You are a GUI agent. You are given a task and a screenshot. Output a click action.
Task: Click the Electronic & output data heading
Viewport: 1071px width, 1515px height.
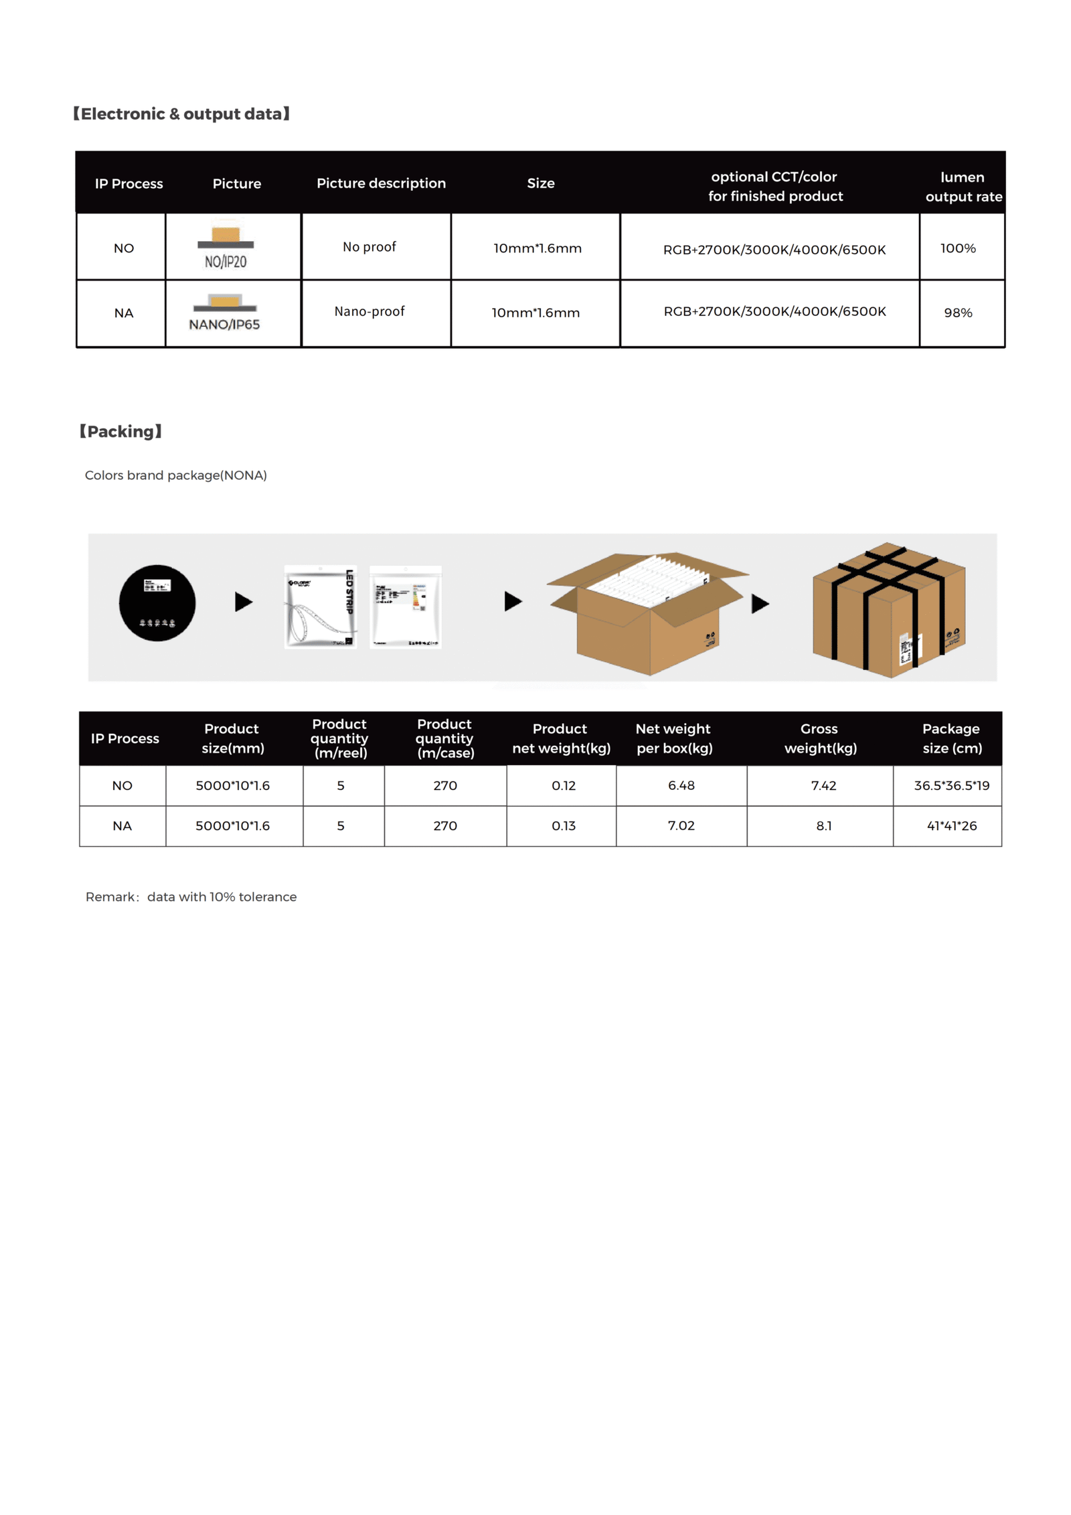pyautogui.click(x=181, y=114)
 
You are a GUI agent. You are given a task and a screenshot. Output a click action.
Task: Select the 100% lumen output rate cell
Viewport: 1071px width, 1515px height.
pyautogui.click(x=957, y=248)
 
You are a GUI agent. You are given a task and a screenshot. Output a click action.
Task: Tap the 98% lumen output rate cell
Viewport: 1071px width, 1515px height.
pyautogui.click(x=957, y=313)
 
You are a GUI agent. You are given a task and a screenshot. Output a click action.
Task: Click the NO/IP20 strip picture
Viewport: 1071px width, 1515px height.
pyautogui.click(x=226, y=246)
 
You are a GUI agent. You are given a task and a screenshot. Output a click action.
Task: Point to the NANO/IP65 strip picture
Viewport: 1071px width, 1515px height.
pyautogui.click(x=224, y=312)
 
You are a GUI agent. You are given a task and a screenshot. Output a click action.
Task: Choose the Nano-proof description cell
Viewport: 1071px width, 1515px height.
pyautogui.click(x=369, y=311)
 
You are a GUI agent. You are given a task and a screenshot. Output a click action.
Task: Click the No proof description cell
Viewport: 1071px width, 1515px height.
pyautogui.click(x=369, y=247)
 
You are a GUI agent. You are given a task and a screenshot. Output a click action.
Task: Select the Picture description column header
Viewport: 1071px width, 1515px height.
pyautogui.click(x=381, y=183)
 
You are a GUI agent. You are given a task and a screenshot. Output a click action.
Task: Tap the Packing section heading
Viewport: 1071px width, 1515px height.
pyautogui.click(x=121, y=431)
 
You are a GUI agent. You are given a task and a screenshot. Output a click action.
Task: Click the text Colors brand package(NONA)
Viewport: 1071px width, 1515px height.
pyautogui.click(x=175, y=475)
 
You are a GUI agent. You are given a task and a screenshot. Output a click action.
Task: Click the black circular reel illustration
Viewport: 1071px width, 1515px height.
pyautogui.click(x=157, y=603)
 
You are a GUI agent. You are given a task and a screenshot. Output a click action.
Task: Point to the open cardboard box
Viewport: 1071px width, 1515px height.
pyautogui.click(x=646, y=613)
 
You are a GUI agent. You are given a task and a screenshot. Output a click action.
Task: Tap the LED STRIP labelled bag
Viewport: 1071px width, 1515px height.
pyautogui.click(x=321, y=607)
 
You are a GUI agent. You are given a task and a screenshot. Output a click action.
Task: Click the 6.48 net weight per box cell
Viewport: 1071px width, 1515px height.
pyautogui.click(x=681, y=785)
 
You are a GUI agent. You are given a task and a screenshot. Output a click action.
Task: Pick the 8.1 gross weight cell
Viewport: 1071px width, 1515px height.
pyautogui.click(x=823, y=826)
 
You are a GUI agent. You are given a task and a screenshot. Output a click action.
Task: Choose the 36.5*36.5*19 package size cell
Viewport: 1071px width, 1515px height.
pyautogui.click(x=951, y=785)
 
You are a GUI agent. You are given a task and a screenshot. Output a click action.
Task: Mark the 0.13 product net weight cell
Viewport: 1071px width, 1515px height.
pyautogui.click(x=563, y=826)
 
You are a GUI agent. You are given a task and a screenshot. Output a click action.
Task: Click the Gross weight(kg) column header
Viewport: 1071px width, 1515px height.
pyautogui.click(x=820, y=738)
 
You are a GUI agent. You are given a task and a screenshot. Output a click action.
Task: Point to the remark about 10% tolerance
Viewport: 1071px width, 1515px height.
pyautogui.click(x=191, y=897)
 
